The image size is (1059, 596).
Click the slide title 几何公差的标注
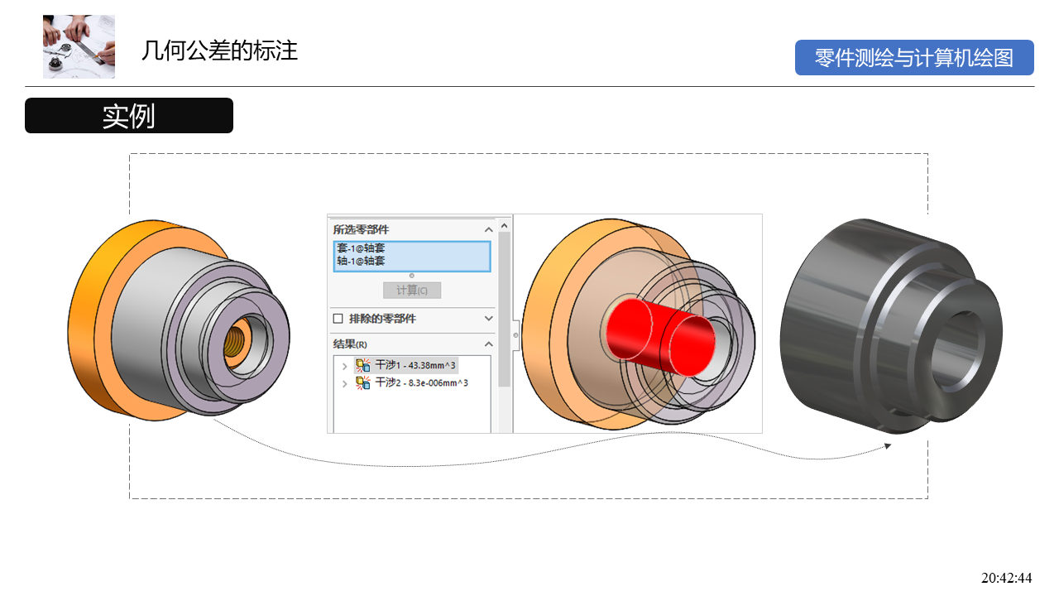(x=219, y=51)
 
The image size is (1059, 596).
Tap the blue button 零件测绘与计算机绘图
(x=914, y=58)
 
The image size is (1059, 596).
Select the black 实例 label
(x=129, y=116)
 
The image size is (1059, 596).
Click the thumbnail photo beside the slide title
(x=79, y=46)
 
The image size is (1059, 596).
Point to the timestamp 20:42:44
(x=1006, y=578)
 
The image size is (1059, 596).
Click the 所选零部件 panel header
(x=362, y=229)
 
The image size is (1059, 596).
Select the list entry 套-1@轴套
(x=361, y=248)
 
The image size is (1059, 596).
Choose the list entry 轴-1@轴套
(x=361, y=261)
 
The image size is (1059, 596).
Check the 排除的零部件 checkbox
(x=338, y=319)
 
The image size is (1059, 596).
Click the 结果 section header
(x=350, y=344)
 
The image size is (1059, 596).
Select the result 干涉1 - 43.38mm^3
(x=415, y=365)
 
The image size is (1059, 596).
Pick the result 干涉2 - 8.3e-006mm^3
(x=421, y=383)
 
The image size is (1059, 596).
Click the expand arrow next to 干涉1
(x=345, y=366)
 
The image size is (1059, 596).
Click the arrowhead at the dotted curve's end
(x=888, y=445)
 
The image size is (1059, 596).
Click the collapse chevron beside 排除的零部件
(x=488, y=319)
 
